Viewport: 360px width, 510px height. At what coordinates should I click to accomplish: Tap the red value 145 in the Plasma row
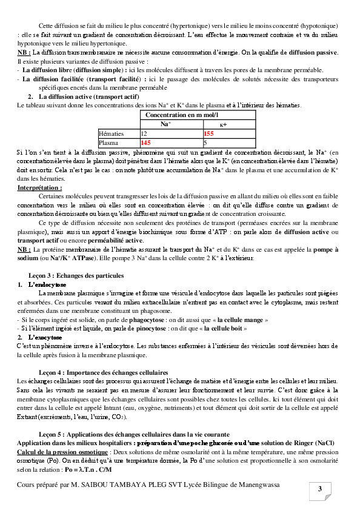coord(145,143)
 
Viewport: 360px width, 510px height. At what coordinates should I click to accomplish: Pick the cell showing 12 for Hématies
coord(144,133)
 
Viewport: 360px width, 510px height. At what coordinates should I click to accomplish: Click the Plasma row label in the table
coord(108,143)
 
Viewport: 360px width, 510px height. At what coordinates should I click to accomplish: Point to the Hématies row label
coord(112,133)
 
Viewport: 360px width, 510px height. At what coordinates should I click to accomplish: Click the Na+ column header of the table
coord(165,124)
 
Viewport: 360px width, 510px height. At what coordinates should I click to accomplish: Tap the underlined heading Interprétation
coord(39,188)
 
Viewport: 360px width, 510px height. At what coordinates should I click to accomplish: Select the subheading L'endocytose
coord(48,284)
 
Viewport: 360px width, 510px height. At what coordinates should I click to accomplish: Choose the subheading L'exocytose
coord(45,337)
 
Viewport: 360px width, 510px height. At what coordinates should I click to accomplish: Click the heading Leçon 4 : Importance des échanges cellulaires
coord(103,371)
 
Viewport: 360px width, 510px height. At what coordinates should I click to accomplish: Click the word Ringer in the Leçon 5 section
coord(305,443)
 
